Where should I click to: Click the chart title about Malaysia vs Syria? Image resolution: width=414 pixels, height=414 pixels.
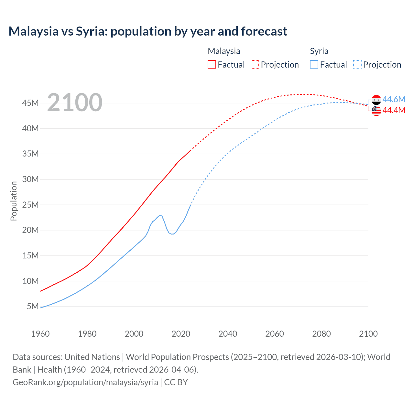[148, 31]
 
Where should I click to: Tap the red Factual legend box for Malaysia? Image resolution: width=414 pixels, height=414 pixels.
[212, 64]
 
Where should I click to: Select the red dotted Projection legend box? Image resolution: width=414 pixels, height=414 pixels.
[255, 64]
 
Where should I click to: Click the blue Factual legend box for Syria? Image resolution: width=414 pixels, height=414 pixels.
[314, 64]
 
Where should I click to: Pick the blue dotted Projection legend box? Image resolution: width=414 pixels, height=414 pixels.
[357, 64]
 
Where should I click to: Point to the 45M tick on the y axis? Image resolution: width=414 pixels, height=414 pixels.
[30, 103]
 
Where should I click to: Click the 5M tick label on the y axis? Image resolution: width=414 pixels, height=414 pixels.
[33, 306]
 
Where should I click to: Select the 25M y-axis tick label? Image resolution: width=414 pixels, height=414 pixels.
[30, 204]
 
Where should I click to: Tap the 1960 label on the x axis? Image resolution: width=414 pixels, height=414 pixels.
[40, 334]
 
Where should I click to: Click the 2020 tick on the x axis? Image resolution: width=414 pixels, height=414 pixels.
[181, 334]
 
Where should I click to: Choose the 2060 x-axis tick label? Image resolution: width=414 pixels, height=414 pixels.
[275, 334]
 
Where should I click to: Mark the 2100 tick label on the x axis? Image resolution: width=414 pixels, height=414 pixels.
[368, 334]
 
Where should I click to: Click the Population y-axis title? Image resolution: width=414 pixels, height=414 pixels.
[14, 201]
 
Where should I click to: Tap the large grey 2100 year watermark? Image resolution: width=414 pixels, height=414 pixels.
[75, 103]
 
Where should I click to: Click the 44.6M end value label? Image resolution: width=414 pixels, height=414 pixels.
[394, 99]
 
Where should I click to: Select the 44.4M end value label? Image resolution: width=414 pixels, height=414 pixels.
[394, 110]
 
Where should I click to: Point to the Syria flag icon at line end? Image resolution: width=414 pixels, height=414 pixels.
[376, 100]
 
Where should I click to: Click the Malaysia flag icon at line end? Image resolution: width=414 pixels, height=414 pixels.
[376, 111]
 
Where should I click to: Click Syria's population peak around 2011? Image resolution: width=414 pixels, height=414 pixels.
[159, 215]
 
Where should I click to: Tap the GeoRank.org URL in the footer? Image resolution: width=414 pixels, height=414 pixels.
[85, 382]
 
